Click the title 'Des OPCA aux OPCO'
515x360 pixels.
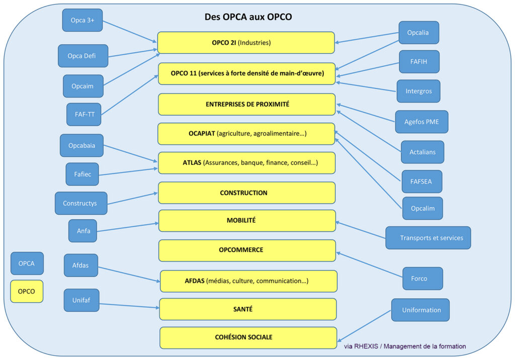tap(248, 17)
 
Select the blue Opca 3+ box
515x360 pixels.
tap(82, 20)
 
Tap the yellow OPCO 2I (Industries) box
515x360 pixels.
tap(246, 43)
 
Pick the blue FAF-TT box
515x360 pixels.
tap(81, 114)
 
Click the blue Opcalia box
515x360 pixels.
tap(419, 33)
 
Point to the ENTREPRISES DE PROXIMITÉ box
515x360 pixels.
tap(246, 104)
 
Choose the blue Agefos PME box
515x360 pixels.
tap(421, 122)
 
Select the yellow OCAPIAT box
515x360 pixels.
tap(246, 134)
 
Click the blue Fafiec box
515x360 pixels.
tap(82, 174)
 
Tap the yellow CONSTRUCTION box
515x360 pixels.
tap(246, 193)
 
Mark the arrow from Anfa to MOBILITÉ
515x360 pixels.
tap(128, 227)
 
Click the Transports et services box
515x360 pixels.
tap(428, 238)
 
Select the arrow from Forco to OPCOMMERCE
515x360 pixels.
tap(370, 264)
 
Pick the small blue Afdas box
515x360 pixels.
tap(81, 265)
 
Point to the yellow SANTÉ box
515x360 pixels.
tap(247, 309)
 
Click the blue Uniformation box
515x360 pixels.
tap(420, 310)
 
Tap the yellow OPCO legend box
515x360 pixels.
tap(27, 291)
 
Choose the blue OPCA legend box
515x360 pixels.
tap(27, 263)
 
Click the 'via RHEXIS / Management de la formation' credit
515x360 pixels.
tap(405, 346)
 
